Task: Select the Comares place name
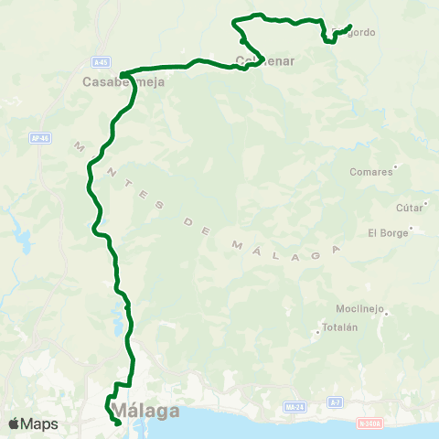pyautogui.click(x=370, y=171)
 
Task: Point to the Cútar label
pyautogui.click(x=409, y=208)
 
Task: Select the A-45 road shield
pyautogui.click(x=101, y=61)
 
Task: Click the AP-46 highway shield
pyautogui.click(x=39, y=138)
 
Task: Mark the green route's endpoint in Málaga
pyautogui.click(x=119, y=423)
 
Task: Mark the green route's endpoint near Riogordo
pyautogui.click(x=350, y=26)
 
